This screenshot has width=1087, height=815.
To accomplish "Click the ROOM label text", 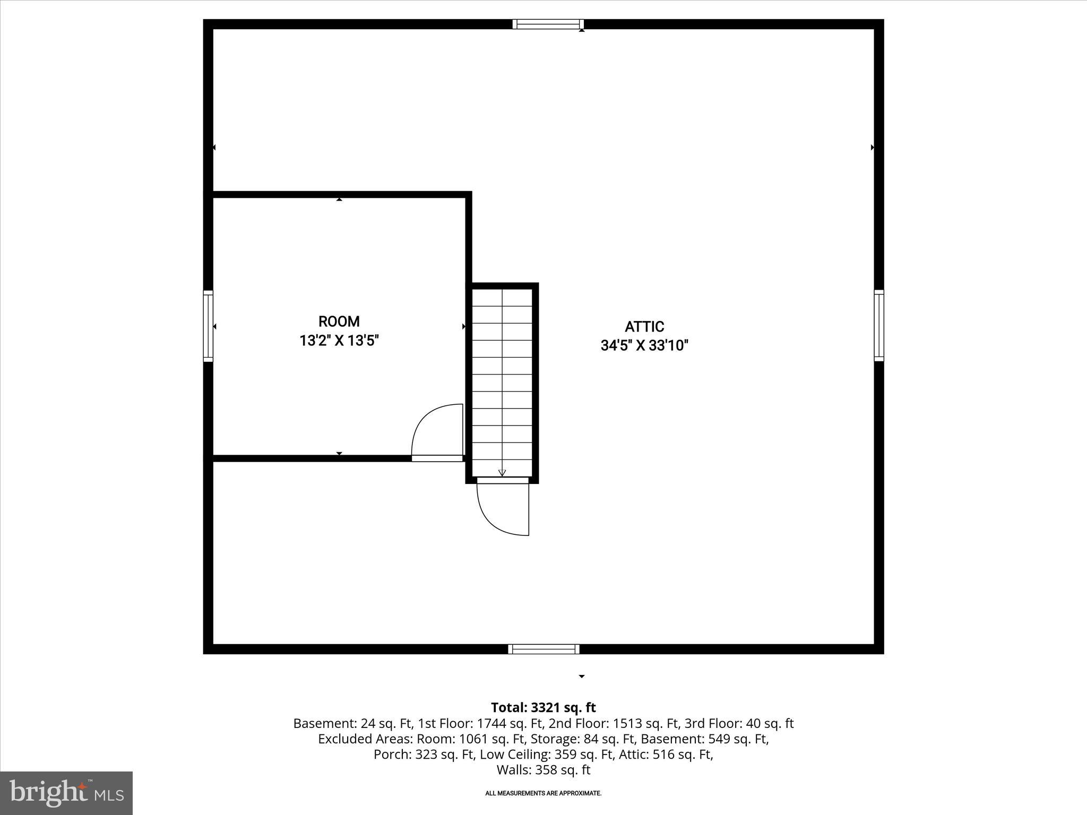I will click(x=339, y=322).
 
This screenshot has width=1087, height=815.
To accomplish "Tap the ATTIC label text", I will click(x=644, y=327).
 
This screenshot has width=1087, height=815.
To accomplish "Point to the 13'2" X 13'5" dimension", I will click(x=339, y=341).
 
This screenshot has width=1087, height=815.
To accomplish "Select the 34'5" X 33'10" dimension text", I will click(x=644, y=346).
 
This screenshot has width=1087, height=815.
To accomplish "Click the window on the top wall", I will click(x=548, y=24).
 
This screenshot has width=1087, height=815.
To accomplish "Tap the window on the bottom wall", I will click(x=543, y=649).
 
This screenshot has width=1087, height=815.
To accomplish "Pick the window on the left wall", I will click(x=208, y=326).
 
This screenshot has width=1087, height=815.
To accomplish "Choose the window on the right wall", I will click(x=879, y=325).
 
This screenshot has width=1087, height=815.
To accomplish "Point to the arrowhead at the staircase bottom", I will click(x=502, y=473).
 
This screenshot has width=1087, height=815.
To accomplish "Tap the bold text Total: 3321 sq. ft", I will click(x=543, y=708).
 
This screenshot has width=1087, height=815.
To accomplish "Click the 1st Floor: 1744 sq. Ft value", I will click(x=480, y=723).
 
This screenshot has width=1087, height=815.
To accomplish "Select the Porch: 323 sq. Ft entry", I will click(x=423, y=755).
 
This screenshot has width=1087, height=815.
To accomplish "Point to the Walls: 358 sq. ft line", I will click(x=543, y=770).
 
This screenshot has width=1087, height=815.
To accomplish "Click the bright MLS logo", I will click(x=66, y=793).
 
